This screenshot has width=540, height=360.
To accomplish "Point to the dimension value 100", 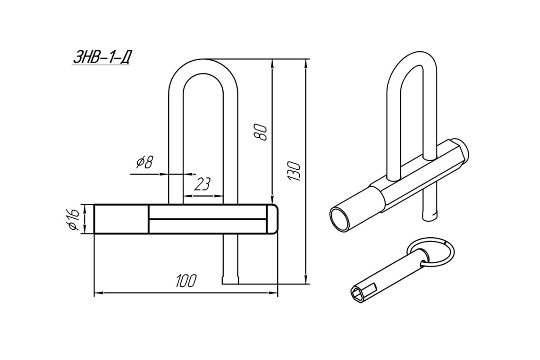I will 186,281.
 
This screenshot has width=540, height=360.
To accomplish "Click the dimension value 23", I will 203,184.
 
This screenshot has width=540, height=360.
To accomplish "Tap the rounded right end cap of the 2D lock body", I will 273,219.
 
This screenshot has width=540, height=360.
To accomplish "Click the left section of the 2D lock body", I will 121,219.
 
